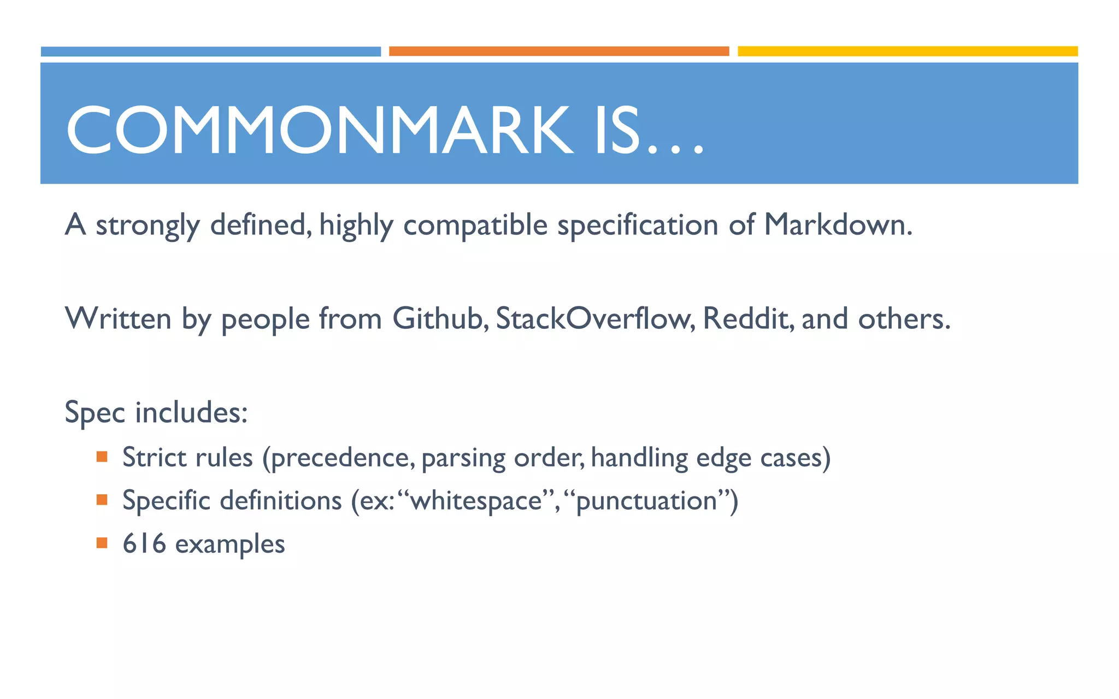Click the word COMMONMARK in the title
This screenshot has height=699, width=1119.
320,130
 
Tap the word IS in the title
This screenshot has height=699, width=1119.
617,130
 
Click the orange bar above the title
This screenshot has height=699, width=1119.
559,51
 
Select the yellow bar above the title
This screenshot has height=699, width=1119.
908,51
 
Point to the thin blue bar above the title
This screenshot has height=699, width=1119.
211,51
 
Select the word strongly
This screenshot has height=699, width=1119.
148,226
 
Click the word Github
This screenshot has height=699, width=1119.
437,318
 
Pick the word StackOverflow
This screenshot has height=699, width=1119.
593,318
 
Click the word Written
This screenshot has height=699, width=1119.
118,318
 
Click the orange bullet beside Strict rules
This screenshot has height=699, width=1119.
102,456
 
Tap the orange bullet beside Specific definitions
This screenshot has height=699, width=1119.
102,499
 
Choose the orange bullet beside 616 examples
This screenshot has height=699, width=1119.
102,543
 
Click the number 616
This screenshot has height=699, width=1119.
144,543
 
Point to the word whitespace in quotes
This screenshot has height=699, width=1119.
476,501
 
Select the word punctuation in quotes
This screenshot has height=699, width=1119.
646,501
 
